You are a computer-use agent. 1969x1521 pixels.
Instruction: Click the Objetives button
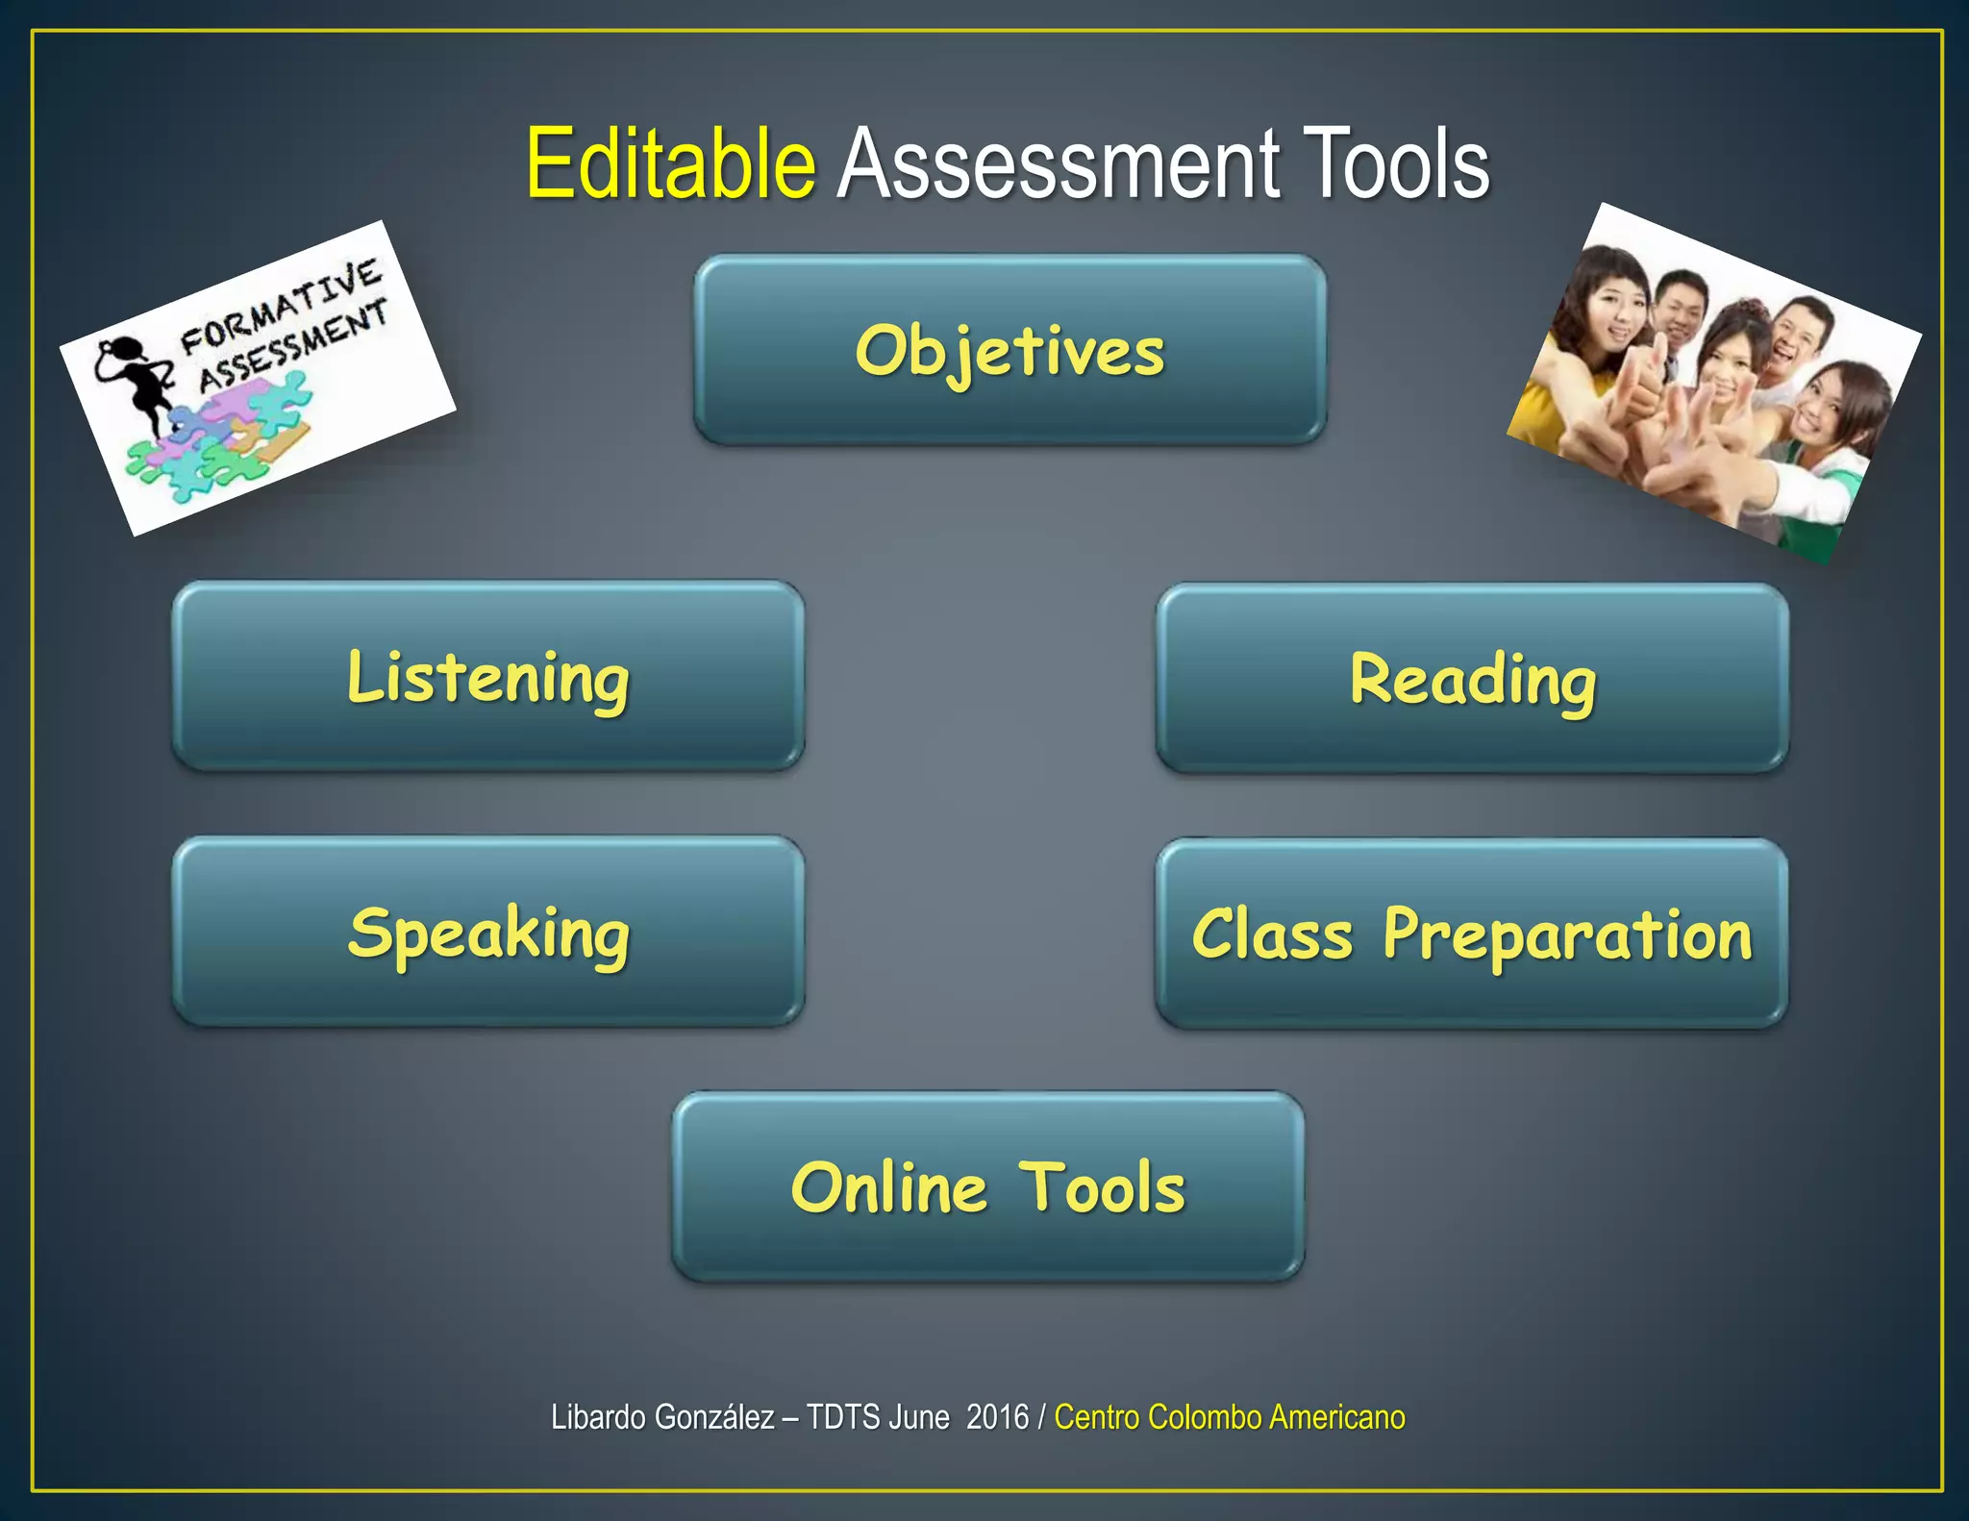click(x=1009, y=350)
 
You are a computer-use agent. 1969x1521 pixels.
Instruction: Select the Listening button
click(x=488, y=676)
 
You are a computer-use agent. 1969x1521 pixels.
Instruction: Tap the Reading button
click(x=1472, y=679)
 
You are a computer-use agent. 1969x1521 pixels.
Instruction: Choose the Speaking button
click(x=488, y=932)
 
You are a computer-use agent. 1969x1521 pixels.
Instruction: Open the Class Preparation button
click(x=1472, y=934)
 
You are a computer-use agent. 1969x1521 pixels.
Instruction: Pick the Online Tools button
click(x=988, y=1186)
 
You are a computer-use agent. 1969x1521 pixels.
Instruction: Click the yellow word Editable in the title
click(x=670, y=164)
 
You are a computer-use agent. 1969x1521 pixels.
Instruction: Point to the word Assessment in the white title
click(x=1058, y=164)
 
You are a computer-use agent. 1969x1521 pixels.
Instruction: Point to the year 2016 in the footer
click(x=997, y=1417)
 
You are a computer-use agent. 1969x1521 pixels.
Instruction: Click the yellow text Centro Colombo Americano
click(x=1230, y=1417)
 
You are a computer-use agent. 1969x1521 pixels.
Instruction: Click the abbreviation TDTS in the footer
click(x=843, y=1417)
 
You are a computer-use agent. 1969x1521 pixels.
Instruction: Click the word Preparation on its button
click(x=1567, y=935)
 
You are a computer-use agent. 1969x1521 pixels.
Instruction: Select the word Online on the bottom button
click(x=889, y=1188)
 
